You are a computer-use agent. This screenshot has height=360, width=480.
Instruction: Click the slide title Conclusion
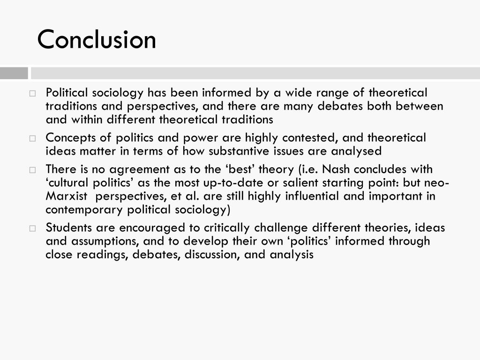tap(97, 39)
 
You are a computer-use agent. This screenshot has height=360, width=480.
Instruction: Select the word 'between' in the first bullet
tap(419, 106)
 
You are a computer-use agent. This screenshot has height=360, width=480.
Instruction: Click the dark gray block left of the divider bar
tap(14, 73)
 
